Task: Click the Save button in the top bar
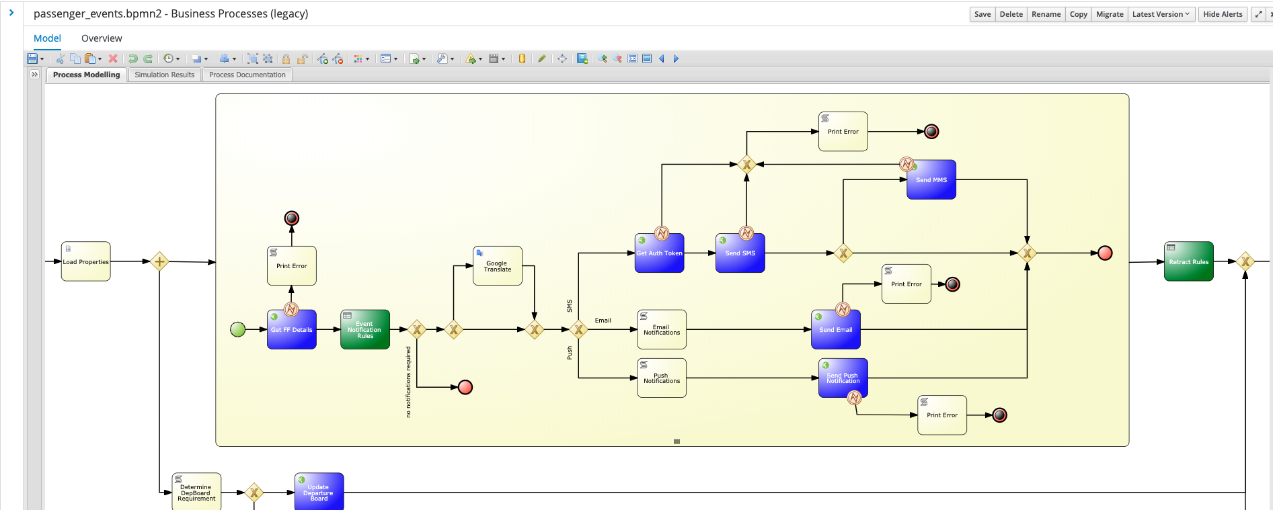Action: tap(982, 14)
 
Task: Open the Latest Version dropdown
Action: tap(1161, 14)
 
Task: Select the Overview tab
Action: tap(102, 38)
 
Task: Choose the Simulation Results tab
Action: tap(164, 75)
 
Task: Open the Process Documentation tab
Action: tap(247, 75)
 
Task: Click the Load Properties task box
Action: tap(85, 261)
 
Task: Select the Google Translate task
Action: tap(498, 266)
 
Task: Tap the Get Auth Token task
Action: tap(659, 253)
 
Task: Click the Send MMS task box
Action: tap(931, 179)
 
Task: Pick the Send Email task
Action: tap(836, 330)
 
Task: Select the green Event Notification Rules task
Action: tap(365, 329)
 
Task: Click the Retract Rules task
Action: tap(1189, 261)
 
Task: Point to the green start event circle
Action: tap(238, 329)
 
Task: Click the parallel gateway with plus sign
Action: tap(159, 261)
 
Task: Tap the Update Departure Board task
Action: tap(319, 492)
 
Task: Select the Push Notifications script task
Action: tap(662, 378)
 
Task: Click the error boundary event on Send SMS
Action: tap(746, 233)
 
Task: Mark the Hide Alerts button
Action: tap(1223, 14)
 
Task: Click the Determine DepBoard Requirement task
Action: tap(196, 492)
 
